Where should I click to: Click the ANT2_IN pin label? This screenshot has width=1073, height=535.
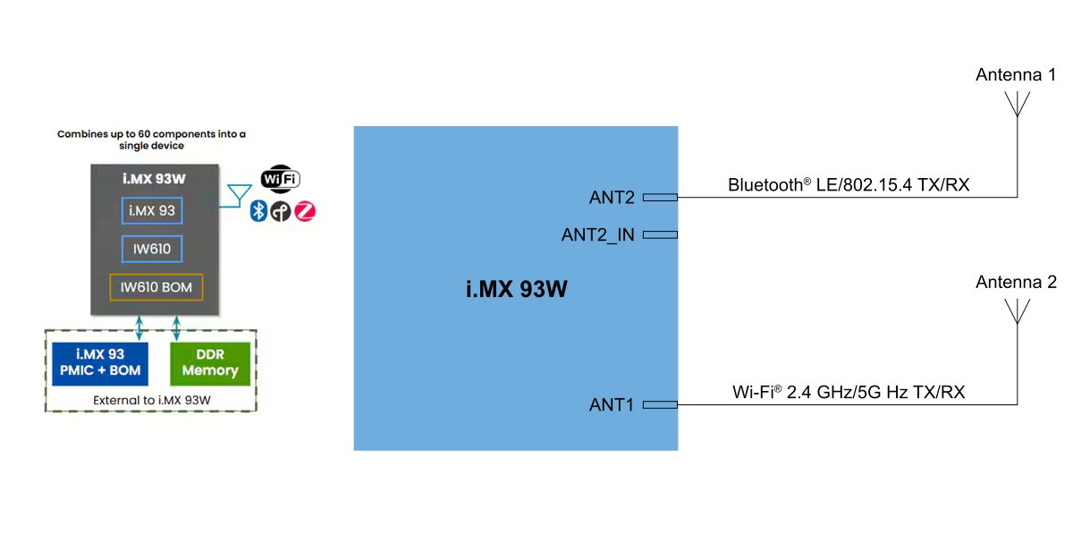click(598, 235)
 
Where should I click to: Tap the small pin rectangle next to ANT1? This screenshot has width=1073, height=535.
click(660, 405)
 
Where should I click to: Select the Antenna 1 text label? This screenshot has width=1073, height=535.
click(1016, 75)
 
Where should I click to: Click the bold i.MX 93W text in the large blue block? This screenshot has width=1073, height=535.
click(515, 290)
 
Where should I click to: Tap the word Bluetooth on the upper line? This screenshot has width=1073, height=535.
click(765, 186)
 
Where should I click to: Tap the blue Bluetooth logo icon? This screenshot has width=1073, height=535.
click(259, 211)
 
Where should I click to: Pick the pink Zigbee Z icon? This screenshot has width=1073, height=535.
click(305, 211)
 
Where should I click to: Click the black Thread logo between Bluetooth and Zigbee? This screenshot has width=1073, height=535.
click(282, 211)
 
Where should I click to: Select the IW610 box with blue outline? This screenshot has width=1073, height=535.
click(152, 248)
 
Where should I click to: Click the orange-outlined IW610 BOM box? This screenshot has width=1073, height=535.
click(156, 287)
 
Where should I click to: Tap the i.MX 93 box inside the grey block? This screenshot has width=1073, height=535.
click(152, 210)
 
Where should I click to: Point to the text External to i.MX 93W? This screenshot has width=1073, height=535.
click(151, 399)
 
